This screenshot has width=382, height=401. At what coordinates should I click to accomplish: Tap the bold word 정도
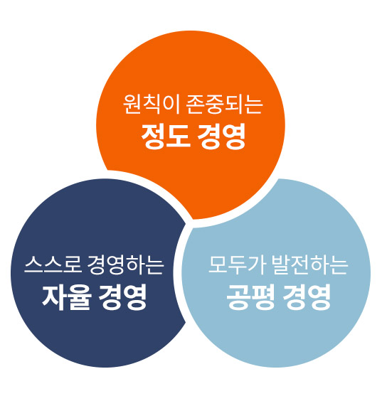pos(166,136)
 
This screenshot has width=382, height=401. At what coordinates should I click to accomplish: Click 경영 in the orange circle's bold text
pos(221,136)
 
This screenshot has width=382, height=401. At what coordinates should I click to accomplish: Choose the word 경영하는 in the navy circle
pos(125,264)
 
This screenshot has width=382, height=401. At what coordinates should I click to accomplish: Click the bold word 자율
pos(67,297)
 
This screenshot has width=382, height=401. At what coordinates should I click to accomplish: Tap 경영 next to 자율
pos(123,297)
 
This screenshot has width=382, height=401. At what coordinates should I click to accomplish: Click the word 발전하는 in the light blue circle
pos(310,264)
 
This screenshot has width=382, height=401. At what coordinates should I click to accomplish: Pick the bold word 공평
pos(250,297)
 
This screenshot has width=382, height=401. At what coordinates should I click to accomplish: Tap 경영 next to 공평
pos(307,297)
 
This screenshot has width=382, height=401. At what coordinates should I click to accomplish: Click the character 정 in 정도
pos(153,136)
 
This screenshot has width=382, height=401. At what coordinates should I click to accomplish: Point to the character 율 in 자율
pos(80,297)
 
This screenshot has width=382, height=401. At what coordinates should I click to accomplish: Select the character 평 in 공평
pos(263,297)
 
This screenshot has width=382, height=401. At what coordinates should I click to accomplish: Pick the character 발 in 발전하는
pos(281,264)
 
